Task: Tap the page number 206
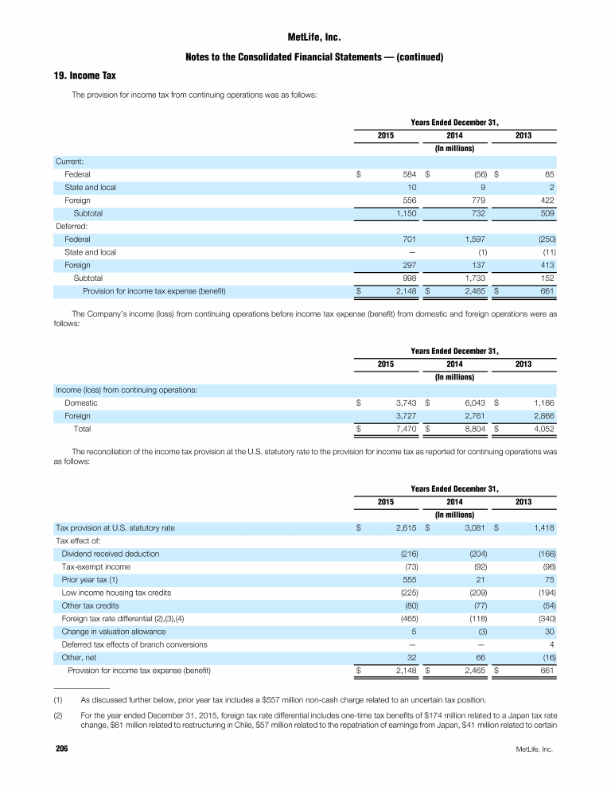[60, 749]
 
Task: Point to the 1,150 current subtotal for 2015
[403, 213]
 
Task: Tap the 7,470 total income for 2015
[403, 429]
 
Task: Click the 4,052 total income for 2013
[541, 429]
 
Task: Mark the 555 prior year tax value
[407, 580]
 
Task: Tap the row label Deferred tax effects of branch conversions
[134, 644]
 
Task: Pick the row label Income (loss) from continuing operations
[126, 390]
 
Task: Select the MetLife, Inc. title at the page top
[305, 37]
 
